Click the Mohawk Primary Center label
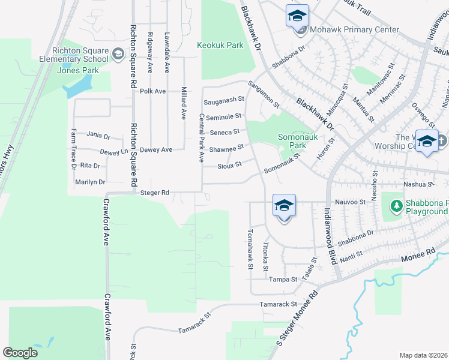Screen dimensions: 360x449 (354, 29)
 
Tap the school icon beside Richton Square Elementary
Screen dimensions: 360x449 (118, 56)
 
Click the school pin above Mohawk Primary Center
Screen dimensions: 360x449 (297, 16)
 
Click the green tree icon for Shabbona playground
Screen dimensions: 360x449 (396, 206)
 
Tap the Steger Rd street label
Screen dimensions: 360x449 (155, 193)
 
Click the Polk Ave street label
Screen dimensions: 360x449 (152, 91)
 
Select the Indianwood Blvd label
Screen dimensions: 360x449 (330, 236)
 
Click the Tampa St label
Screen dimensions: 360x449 (283, 280)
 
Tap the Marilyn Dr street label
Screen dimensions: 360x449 (90, 182)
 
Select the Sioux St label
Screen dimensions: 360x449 (229, 164)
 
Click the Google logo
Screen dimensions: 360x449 (20, 353)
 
